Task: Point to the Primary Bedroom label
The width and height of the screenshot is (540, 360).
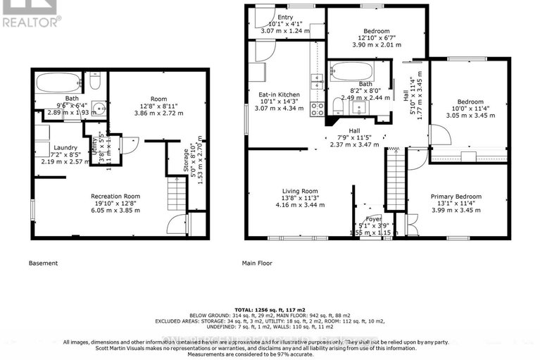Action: tap(456, 197)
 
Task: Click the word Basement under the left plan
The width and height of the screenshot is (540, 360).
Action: tap(43, 263)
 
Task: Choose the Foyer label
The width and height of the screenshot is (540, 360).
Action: tap(372, 218)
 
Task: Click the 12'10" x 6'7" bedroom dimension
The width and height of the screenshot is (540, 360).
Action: tap(377, 37)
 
